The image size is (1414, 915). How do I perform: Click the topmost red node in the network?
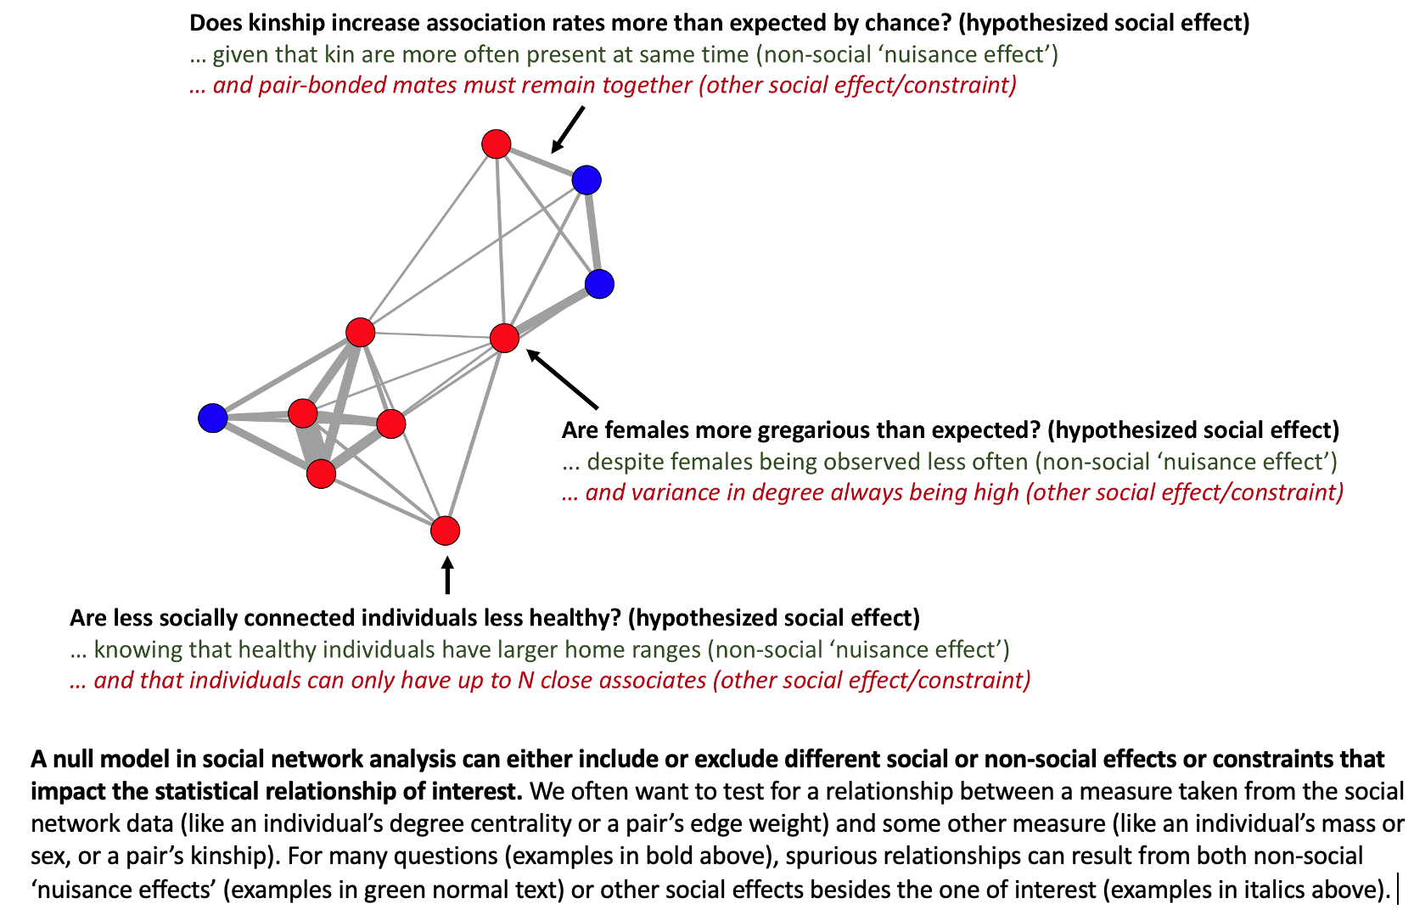click(496, 144)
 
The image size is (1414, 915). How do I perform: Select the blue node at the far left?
click(212, 418)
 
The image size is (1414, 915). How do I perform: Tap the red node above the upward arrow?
click(445, 530)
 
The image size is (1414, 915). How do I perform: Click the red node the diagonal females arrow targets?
click(504, 338)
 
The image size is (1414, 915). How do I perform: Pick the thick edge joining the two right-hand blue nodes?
click(593, 232)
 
